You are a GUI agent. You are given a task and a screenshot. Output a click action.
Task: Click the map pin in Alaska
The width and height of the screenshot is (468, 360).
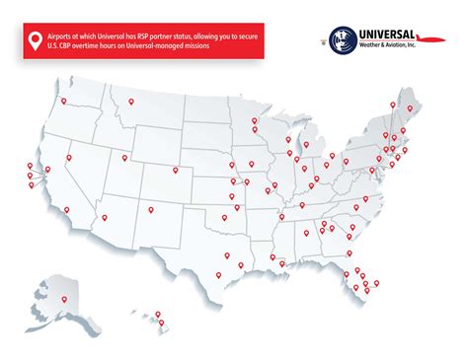64,298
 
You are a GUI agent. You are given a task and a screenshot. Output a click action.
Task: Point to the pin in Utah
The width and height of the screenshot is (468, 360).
125,157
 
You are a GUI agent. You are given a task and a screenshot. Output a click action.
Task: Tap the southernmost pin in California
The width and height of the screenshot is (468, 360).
65,210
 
